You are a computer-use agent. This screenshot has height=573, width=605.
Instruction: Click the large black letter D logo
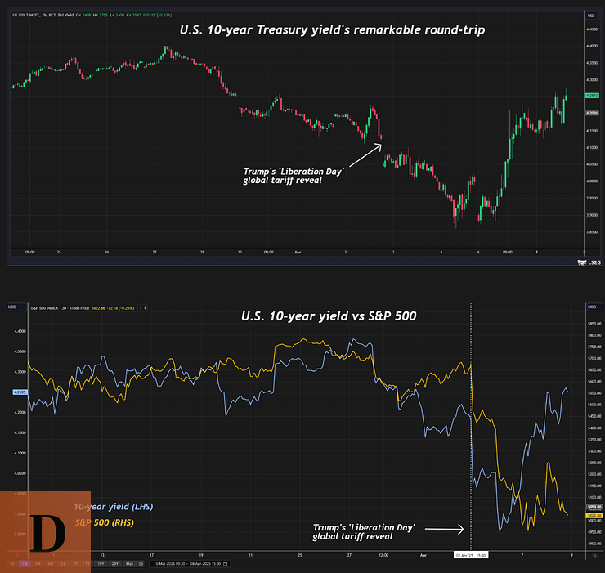pyautogui.click(x=46, y=531)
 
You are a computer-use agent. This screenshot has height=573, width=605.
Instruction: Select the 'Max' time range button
pyautogui.click(x=130, y=563)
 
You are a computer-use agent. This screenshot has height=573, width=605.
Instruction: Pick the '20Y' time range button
pyautogui.click(x=115, y=563)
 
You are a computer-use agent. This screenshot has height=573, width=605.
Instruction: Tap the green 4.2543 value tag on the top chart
pyautogui.click(x=594, y=96)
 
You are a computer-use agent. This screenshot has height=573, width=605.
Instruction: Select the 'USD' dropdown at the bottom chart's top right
pyautogui.click(x=592, y=307)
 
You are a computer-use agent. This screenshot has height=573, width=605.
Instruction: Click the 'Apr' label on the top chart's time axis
pyautogui.click(x=298, y=253)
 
